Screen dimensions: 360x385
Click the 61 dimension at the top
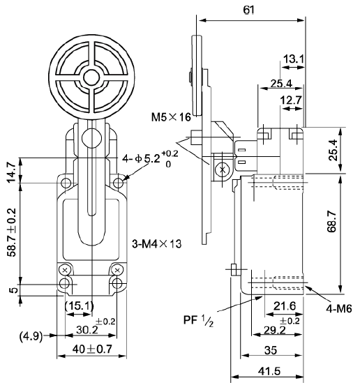coord(249,10)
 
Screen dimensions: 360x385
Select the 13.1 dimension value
coord(294,59)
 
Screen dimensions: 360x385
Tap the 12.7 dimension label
coord(291,100)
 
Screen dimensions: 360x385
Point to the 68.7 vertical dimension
coord(332,222)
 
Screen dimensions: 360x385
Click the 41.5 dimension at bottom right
coord(270,372)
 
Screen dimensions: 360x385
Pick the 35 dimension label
coord(271,350)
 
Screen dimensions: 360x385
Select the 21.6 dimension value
coord(285,306)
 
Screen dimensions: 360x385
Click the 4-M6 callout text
coord(339,309)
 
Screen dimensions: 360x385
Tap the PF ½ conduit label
coord(198,321)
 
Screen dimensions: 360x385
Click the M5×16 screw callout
coord(171,117)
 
